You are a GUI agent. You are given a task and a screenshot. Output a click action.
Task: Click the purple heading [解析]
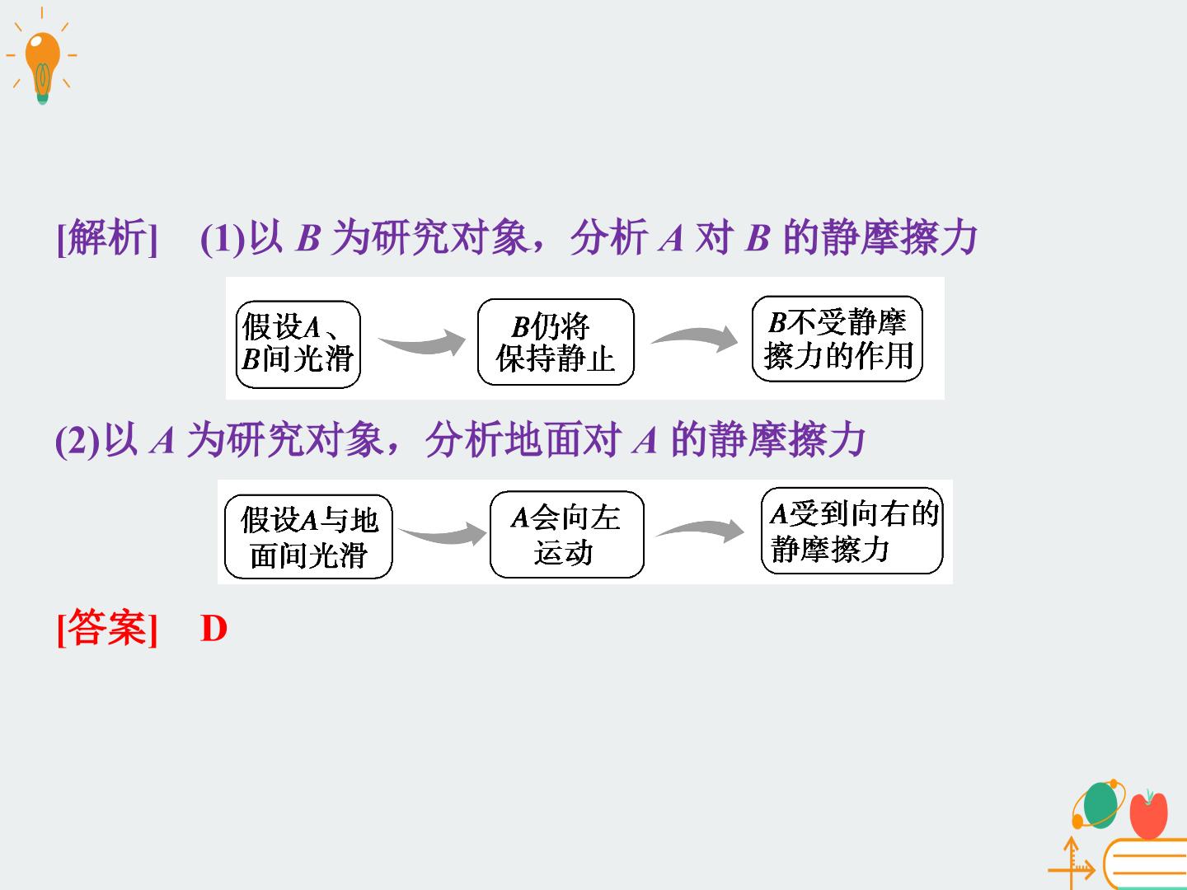pyautogui.click(x=107, y=238)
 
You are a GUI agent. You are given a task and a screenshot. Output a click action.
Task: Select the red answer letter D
pyautogui.click(x=213, y=629)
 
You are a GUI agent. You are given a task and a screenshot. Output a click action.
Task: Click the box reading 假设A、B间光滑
pyautogui.click(x=298, y=344)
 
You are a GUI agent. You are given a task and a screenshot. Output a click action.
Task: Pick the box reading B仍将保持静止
pyautogui.click(x=556, y=342)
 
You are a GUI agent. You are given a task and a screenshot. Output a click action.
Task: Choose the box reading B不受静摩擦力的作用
pyautogui.click(x=837, y=339)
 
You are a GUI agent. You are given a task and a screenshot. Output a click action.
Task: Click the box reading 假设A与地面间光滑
pyautogui.click(x=308, y=536)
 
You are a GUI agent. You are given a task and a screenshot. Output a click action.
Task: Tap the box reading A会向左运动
pyautogui.click(x=567, y=535)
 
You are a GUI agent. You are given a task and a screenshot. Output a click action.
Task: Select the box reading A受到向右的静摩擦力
pyautogui.click(x=852, y=531)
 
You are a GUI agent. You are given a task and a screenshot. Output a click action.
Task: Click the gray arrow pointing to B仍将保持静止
pyautogui.click(x=423, y=343)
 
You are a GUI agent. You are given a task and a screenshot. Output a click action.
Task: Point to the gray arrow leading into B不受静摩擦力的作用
pyautogui.click(x=696, y=338)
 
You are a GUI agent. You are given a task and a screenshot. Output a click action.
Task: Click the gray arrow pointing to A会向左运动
pyautogui.click(x=443, y=535)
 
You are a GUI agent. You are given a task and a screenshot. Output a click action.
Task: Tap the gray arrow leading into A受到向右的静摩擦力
pyautogui.click(x=701, y=530)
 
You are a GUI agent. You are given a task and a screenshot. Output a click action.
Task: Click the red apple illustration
pyautogui.click(x=1148, y=814)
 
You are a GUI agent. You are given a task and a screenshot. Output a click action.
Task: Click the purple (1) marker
pyautogui.click(x=223, y=239)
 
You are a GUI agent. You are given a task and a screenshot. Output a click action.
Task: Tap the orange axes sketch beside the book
pyautogui.click(x=1072, y=863)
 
